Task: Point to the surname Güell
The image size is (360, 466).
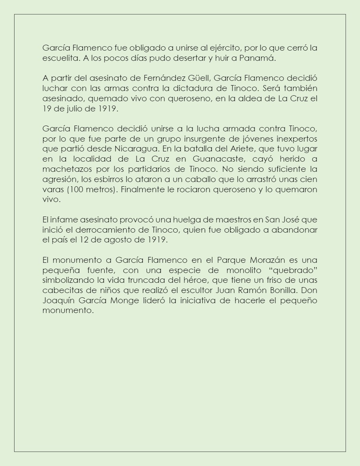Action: tap(198, 78)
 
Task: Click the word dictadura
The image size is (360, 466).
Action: tap(215, 88)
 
